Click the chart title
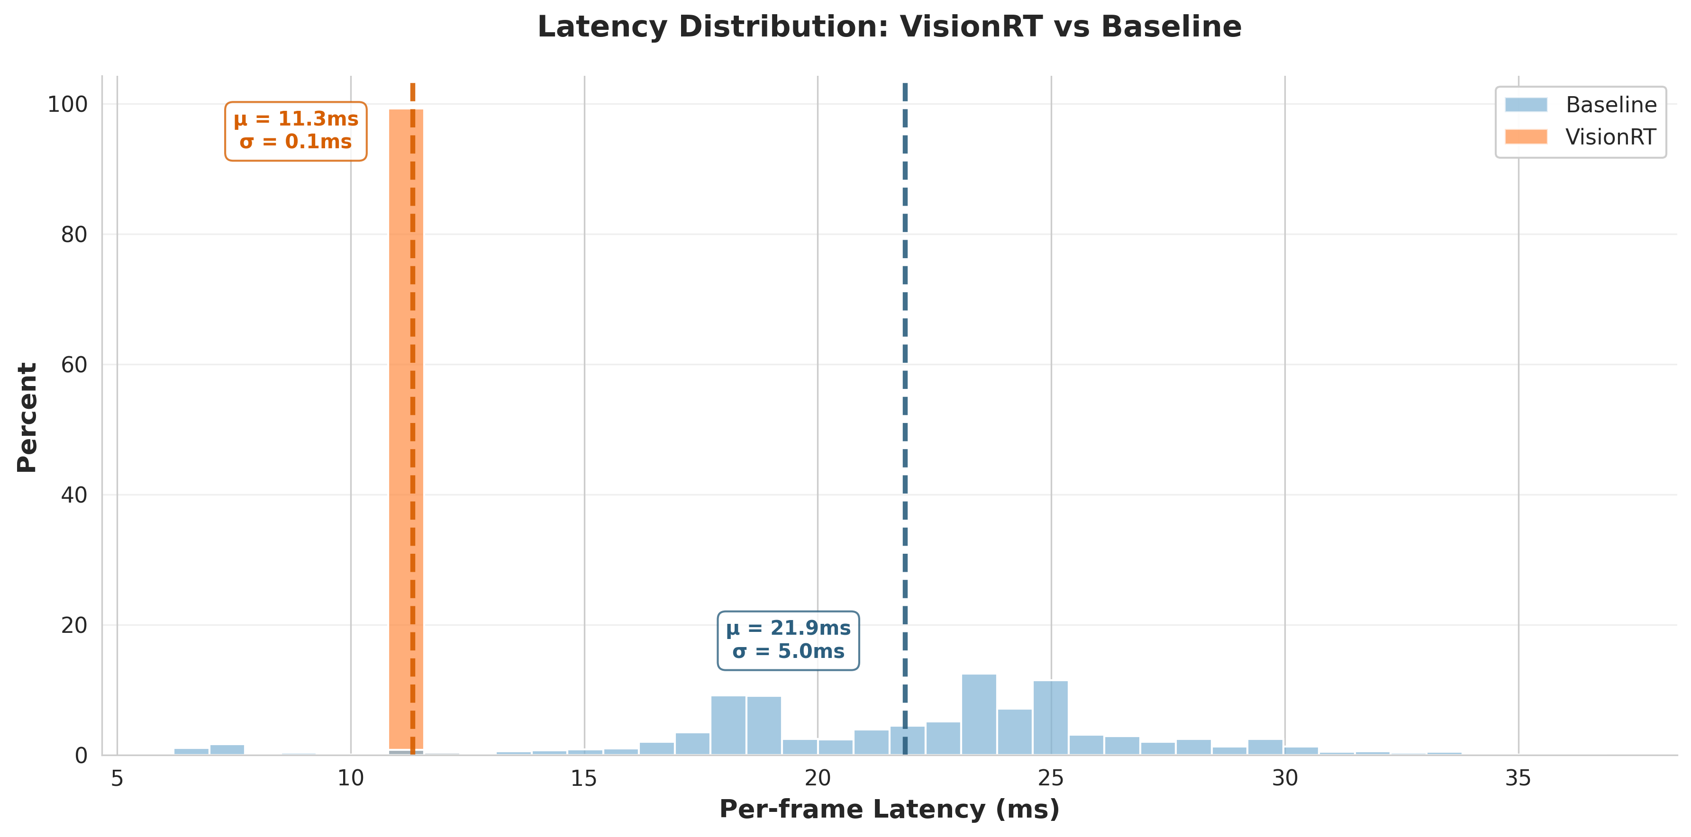click(889, 27)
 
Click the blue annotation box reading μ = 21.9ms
click(788, 640)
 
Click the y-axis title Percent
click(27, 417)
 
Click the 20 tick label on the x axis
click(817, 779)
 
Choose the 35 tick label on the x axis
click(1518, 779)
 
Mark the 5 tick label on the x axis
click(117, 779)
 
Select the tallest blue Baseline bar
click(978, 715)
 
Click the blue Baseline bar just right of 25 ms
click(1086, 745)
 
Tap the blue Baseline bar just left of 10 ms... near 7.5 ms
click(227, 750)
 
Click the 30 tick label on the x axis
click(1285, 779)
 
